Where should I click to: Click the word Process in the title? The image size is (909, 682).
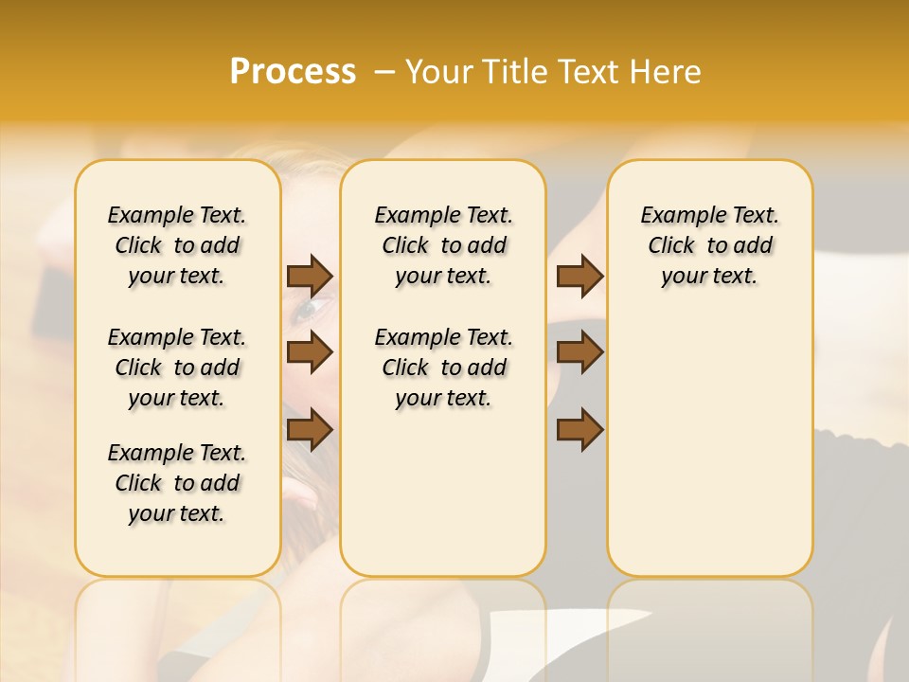click(293, 72)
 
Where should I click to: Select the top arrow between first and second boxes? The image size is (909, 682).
click(310, 276)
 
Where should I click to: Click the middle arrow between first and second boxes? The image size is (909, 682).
click(310, 352)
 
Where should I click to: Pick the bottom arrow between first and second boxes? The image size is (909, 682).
click(310, 430)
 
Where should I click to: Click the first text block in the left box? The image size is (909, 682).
click(177, 245)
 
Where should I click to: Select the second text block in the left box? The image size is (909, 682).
click(177, 368)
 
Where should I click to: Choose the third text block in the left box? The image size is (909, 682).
click(177, 483)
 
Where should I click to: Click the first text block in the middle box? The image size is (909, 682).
click(443, 245)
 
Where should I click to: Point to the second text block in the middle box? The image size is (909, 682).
click(443, 368)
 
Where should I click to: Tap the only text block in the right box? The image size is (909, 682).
click(709, 245)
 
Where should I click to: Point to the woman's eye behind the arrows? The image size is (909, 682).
click(312, 310)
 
